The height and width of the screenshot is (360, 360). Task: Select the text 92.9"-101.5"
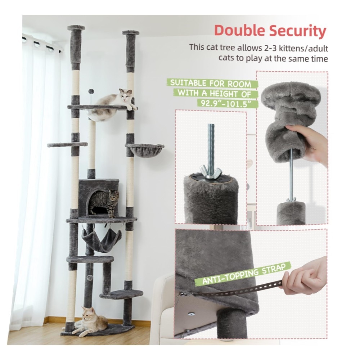tap(226, 103)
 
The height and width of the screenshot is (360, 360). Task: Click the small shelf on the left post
tap(67, 145)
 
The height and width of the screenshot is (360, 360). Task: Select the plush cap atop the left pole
tap(76, 28)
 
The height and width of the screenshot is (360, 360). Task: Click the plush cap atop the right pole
tap(131, 33)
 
